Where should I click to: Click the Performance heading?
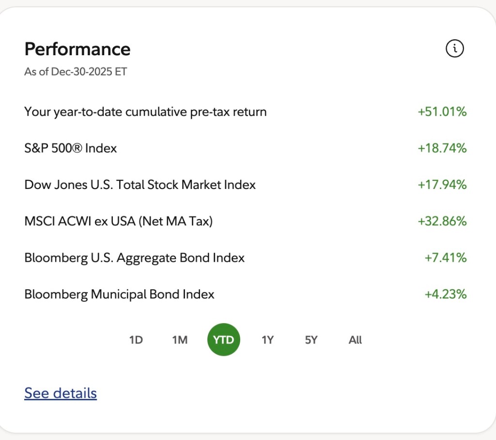pos(77,49)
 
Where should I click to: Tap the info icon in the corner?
pos(454,48)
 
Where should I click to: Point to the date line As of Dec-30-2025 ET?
pos(76,72)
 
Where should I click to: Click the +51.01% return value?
pos(442,112)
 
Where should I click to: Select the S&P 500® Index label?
pos(71,148)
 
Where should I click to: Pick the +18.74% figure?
pos(442,148)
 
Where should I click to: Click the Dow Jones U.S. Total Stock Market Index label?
pos(140,185)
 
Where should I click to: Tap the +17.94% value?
pos(442,185)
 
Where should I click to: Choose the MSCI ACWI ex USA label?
pos(119,221)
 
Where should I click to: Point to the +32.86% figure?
pos(442,221)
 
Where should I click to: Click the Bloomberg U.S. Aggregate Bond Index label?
pos(134,258)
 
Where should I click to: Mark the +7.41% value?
pos(445,258)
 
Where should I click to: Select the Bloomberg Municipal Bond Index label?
pos(119,294)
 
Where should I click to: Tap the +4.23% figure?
pos(445,294)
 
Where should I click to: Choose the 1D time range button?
pos(136,340)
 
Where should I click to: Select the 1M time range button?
pos(180,340)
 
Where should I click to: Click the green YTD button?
pos(224,340)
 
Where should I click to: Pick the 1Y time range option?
pos(267,340)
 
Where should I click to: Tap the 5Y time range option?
pos(311,340)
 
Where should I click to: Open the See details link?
pos(61,393)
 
